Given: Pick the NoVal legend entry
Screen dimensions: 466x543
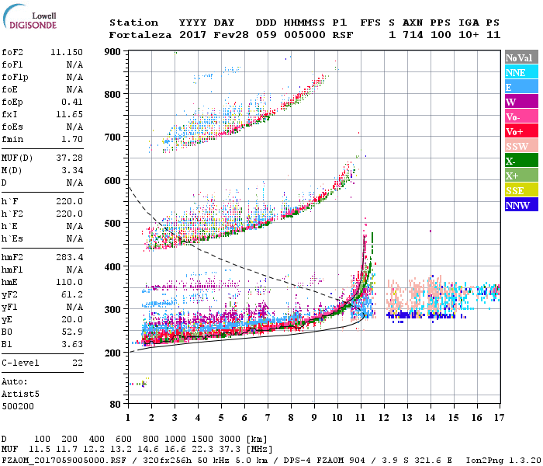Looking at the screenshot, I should pos(519,58).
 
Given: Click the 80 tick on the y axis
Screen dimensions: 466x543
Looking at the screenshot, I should pos(116,404).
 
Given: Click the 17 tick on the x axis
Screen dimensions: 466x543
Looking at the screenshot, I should pos(499,418).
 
